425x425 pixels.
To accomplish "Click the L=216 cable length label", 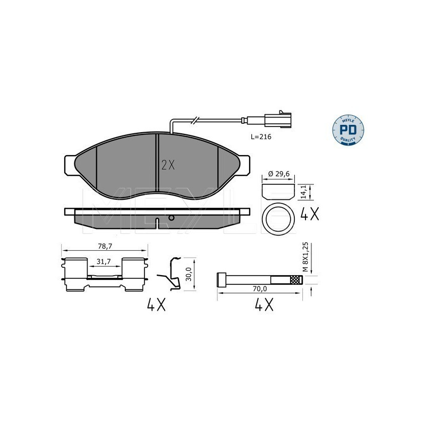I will coord(262,137).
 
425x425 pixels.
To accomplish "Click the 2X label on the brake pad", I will coord(167,165).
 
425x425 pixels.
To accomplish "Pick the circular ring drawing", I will coord(279,219).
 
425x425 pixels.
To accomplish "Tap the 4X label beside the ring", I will coord(310,215).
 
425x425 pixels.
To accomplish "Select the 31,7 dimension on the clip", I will coord(104,261).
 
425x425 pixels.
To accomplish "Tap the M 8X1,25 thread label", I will coord(305,257).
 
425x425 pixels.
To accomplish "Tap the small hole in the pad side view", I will coord(171,218).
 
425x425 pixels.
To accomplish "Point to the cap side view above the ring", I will coord(279,189).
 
